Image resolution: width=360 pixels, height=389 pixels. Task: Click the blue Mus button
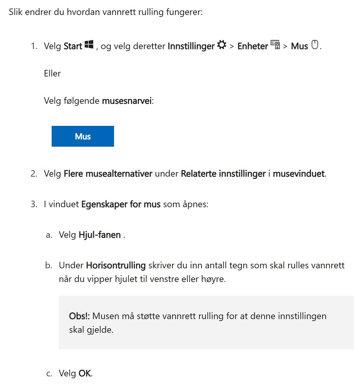(x=83, y=136)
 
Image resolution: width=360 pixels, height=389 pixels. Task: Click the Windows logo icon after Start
(x=89, y=45)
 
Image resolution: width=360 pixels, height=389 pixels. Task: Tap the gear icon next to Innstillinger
(x=222, y=45)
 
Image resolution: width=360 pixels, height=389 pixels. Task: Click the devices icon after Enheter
(x=275, y=45)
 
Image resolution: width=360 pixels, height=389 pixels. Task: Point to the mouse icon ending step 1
(x=315, y=45)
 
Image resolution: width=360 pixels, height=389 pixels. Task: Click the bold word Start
(x=73, y=46)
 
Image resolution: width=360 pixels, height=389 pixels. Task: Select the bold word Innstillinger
(x=191, y=46)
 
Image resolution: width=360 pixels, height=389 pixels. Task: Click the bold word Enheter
(x=252, y=46)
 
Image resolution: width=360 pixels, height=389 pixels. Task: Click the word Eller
(x=52, y=74)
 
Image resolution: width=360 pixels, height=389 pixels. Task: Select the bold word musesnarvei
(x=127, y=101)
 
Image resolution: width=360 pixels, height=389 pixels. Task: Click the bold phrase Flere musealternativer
(x=108, y=174)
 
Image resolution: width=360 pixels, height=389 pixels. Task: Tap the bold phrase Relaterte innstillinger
(x=223, y=174)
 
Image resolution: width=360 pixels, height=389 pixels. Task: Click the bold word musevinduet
(x=299, y=174)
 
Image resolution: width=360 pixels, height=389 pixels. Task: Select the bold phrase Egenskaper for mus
(x=121, y=204)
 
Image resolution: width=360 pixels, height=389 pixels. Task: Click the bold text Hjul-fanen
(x=100, y=235)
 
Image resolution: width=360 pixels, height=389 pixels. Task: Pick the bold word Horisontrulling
(x=116, y=265)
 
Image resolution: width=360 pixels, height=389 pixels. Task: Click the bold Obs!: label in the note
(x=79, y=316)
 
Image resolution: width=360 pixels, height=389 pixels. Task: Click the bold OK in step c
(x=85, y=373)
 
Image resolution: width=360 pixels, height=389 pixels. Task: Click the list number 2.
(x=34, y=174)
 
